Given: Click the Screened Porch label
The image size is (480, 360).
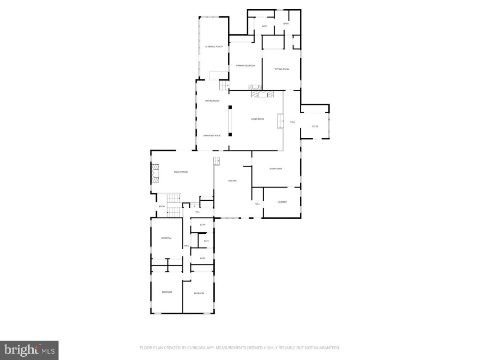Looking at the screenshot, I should (x=214, y=47).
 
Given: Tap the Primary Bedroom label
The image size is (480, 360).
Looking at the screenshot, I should (x=246, y=66).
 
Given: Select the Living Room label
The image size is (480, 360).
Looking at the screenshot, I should (x=258, y=119).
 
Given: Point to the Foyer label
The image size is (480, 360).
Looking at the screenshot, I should (x=315, y=126).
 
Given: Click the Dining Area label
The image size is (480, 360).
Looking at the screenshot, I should (x=276, y=168).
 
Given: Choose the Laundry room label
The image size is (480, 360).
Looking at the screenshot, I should (x=282, y=202).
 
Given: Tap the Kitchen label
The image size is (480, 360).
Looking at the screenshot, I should (x=232, y=180).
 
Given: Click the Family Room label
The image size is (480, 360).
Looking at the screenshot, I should (x=180, y=172).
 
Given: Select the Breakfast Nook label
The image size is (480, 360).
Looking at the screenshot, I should (x=212, y=135).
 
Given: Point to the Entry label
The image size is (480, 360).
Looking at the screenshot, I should (x=162, y=206).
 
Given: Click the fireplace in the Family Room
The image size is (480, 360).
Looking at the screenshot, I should (x=155, y=174).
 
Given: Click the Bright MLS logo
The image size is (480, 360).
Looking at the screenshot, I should (x=29, y=350).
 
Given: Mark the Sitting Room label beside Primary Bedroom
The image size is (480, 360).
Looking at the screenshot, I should (x=282, y=69).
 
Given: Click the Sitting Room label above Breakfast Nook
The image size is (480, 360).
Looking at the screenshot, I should (x=212, y=100).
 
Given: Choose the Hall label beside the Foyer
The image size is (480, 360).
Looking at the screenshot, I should (x=292, y=121).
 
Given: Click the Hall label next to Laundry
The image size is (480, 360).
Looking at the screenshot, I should (x=257, y=204).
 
